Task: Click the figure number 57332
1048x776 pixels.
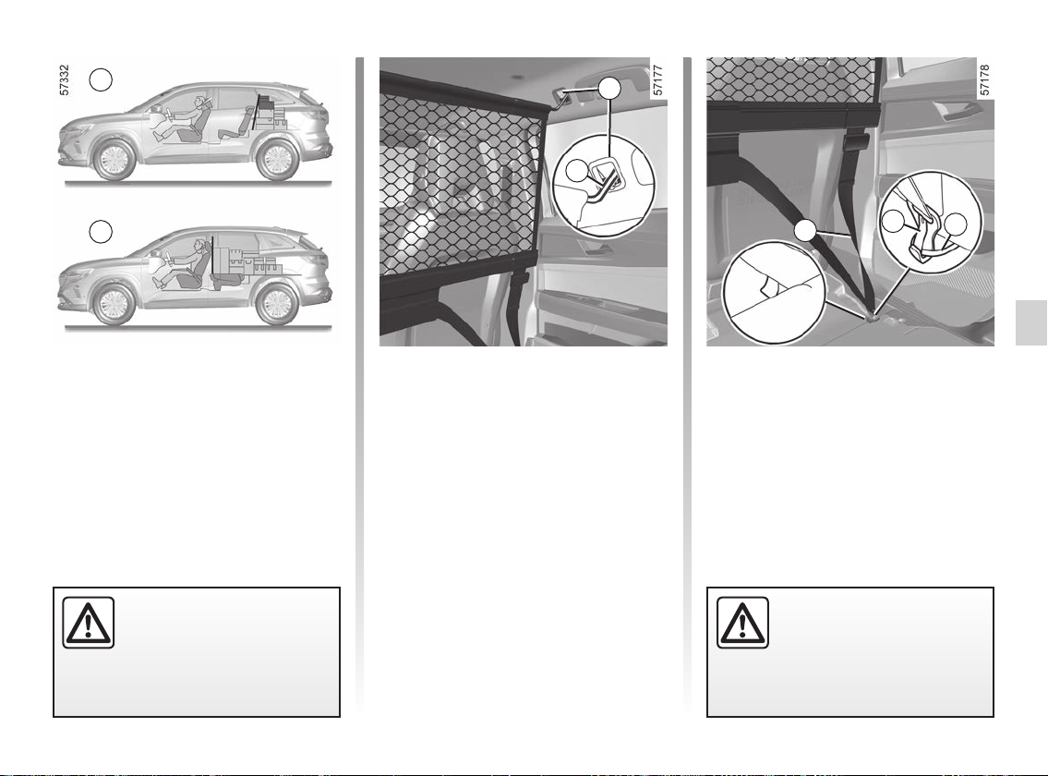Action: (x=64, y=80)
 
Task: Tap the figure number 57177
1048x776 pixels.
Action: (x=657, y=80)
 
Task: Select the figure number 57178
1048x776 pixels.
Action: (x=984, y=80)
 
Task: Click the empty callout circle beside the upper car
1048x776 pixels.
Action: (x=101, y=79)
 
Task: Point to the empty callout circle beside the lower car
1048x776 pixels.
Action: (x=101, y=232)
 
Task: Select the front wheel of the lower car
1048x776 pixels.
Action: (x=114, y=304)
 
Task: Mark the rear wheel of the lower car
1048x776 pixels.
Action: (x=276, y=304)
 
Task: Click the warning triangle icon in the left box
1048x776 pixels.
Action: (x=89, y=623)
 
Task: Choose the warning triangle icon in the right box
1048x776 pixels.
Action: (x=742, y=623)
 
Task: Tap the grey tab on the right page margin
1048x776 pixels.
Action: (x=1031, y=322)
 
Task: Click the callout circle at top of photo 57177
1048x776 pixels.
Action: (x=608, y=89)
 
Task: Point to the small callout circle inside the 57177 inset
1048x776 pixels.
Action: (x=576, y=171)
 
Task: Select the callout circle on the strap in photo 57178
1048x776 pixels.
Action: (x=805, y=231)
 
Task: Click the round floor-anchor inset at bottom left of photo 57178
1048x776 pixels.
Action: (x=775, y=292)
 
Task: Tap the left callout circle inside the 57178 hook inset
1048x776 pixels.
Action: (x=893, y=222)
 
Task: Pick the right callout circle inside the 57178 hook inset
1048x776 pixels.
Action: (x=957, y=224)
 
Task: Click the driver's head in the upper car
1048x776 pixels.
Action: (x=199, y=102)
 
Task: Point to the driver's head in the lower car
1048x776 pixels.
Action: (x=198, y=246)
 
